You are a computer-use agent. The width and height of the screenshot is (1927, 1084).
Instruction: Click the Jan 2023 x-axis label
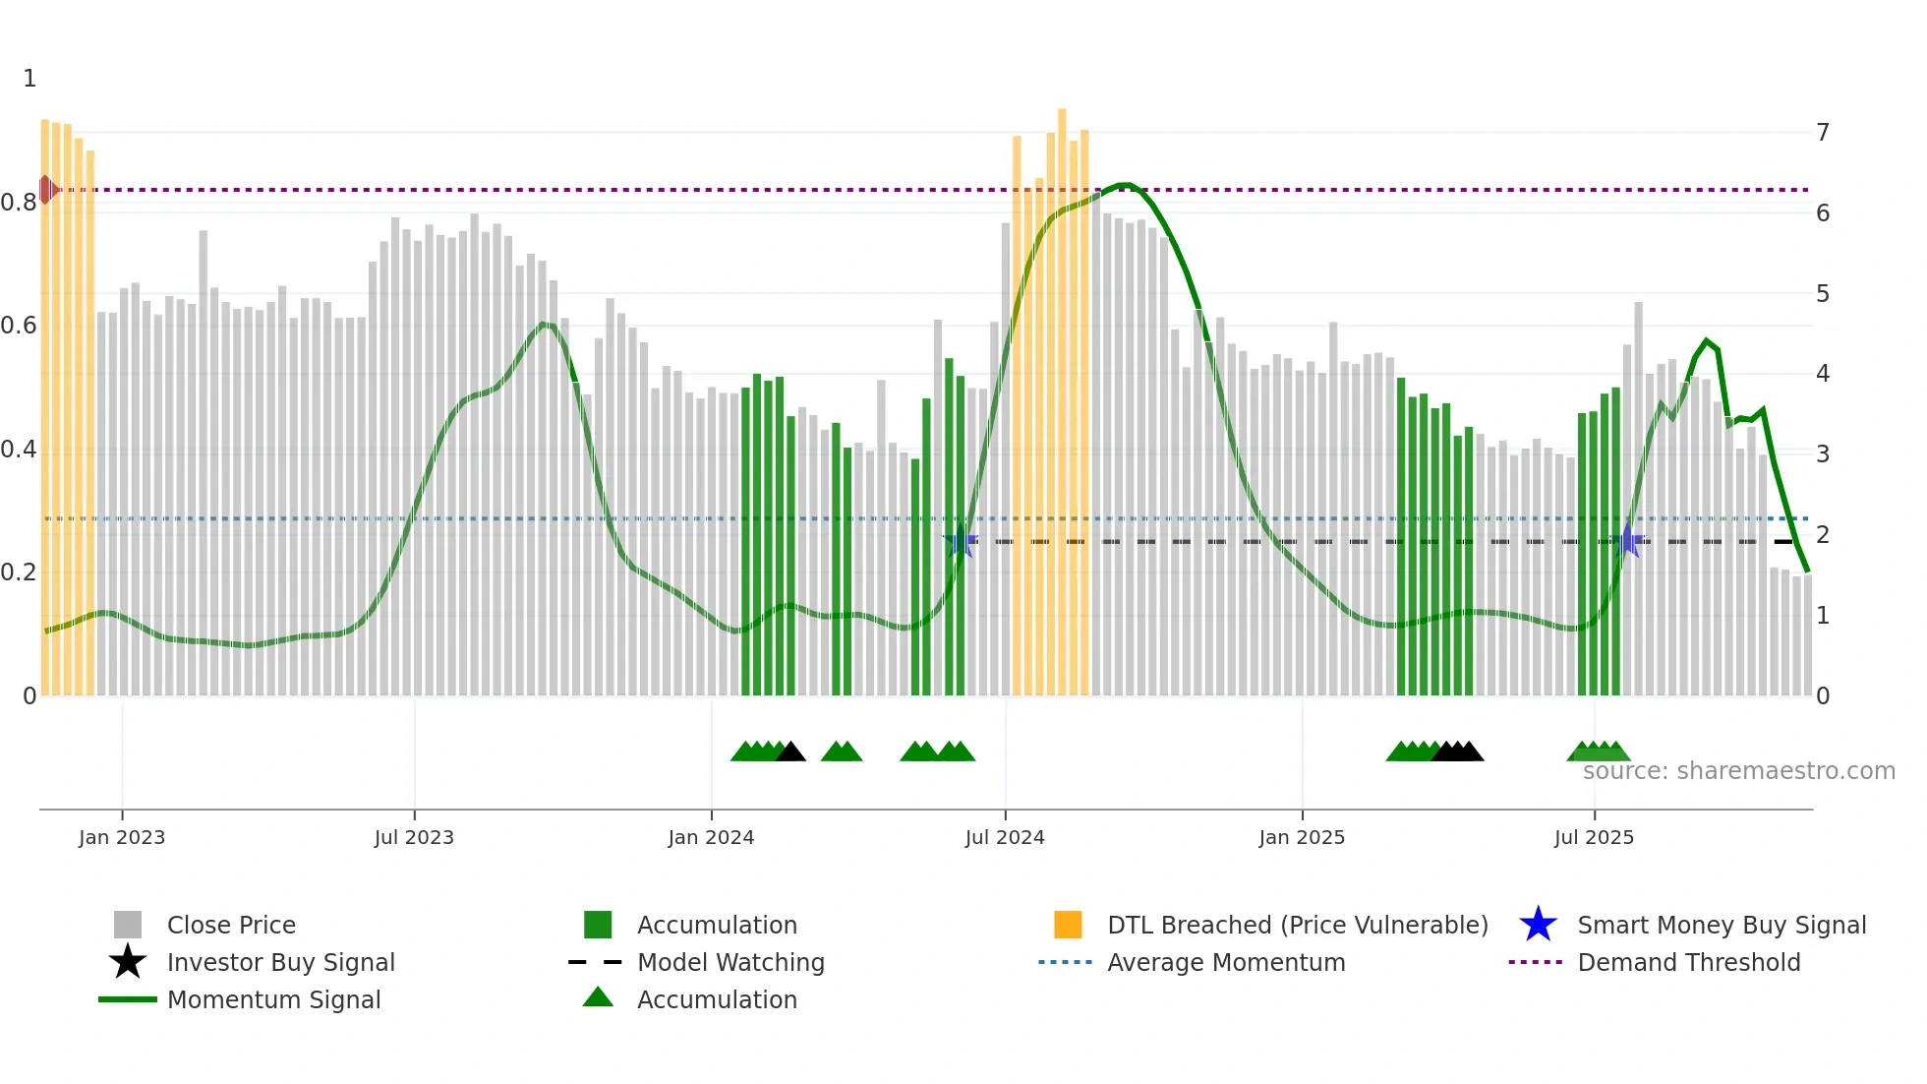click(122, 837)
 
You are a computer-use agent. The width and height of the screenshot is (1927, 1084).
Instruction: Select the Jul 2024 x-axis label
click(1005, 837)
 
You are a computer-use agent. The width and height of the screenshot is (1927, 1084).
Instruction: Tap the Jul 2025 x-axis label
click(1594, 837)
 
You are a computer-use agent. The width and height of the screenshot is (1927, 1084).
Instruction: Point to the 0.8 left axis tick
click(19, 203)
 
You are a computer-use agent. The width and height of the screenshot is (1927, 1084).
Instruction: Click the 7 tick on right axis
click(1823, 132)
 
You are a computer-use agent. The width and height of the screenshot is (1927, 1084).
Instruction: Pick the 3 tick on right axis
click(1823, 453)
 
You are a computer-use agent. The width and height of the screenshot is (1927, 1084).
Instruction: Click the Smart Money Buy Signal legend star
click(1538, 925)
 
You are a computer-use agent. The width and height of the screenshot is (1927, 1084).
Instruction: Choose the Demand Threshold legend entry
click(1688, 962)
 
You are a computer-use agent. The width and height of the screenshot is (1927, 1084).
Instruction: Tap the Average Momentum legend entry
click(1225, 962)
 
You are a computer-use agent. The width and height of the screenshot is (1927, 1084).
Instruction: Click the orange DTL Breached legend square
click(1068, 925)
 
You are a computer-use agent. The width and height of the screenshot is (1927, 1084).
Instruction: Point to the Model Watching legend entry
click(730, 962)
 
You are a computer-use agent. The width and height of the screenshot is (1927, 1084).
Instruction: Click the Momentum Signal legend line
click(128, 999)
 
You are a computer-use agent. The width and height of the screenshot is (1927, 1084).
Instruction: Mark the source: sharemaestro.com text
click(1738, 770)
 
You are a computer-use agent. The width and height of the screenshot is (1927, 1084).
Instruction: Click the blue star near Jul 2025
click(1628, 540)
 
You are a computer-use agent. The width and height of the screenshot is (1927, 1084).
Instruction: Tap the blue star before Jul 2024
click(960, 541)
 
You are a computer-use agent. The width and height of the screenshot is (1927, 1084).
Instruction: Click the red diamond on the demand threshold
click(45, 190)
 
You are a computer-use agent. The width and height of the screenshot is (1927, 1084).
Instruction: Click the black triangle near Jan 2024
click(790, 753)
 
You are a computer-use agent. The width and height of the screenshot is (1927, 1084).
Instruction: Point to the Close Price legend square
click(128, 925)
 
